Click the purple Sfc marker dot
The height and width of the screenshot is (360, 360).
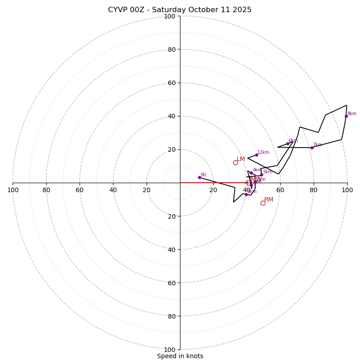(199, 177)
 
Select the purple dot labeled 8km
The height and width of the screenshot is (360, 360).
(346, 116)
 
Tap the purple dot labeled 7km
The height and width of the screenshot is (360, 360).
(312, 148)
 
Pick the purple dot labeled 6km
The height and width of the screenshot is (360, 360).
(288, 144)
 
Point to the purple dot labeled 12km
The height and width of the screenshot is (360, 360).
(256, 155)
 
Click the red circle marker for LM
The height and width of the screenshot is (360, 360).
(235, 162)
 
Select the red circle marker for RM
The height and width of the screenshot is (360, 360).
(263, 203)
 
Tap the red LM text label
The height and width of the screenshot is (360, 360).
(241, 159)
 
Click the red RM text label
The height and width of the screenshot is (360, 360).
(269, 200)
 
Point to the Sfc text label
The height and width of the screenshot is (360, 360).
(204, 175)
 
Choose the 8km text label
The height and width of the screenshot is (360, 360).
(352, 114)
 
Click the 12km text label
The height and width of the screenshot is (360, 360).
(263, 153)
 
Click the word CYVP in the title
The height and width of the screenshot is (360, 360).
(118, 10)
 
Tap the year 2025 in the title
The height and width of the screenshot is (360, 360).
(242, 10)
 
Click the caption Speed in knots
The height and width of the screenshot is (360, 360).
(180, 356)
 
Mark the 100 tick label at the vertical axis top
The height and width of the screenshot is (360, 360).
(170, 16)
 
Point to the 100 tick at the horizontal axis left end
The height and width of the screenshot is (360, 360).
(13, 190)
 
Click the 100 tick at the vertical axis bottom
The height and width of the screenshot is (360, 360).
(170, 350)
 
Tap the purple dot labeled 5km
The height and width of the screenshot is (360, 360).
(261, 175)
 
